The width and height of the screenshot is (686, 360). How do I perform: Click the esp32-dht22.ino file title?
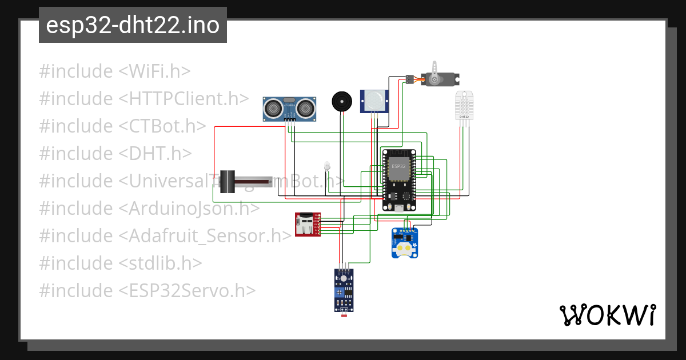(x=133, y=25)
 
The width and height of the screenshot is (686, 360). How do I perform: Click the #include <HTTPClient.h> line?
(x=144, y=99)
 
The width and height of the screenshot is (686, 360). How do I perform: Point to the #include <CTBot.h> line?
(x=122, y=126)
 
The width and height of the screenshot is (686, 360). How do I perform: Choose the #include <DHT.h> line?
(x=115, y=154)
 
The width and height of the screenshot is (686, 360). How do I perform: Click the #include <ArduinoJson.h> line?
(x=149, y=209)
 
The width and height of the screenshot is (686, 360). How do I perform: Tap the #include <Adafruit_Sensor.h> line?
(x=165, y=236)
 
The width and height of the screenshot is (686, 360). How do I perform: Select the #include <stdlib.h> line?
(x=121, y=263)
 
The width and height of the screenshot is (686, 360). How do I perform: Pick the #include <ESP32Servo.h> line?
(x=147, y=291)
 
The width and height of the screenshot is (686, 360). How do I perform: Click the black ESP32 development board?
(x=399, y=180)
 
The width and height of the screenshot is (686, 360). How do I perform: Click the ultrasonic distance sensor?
(x=290, y=108)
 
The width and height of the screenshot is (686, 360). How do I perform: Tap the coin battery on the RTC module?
(x=405, y=247)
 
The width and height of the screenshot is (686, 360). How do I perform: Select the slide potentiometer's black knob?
(x=228, y=182)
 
